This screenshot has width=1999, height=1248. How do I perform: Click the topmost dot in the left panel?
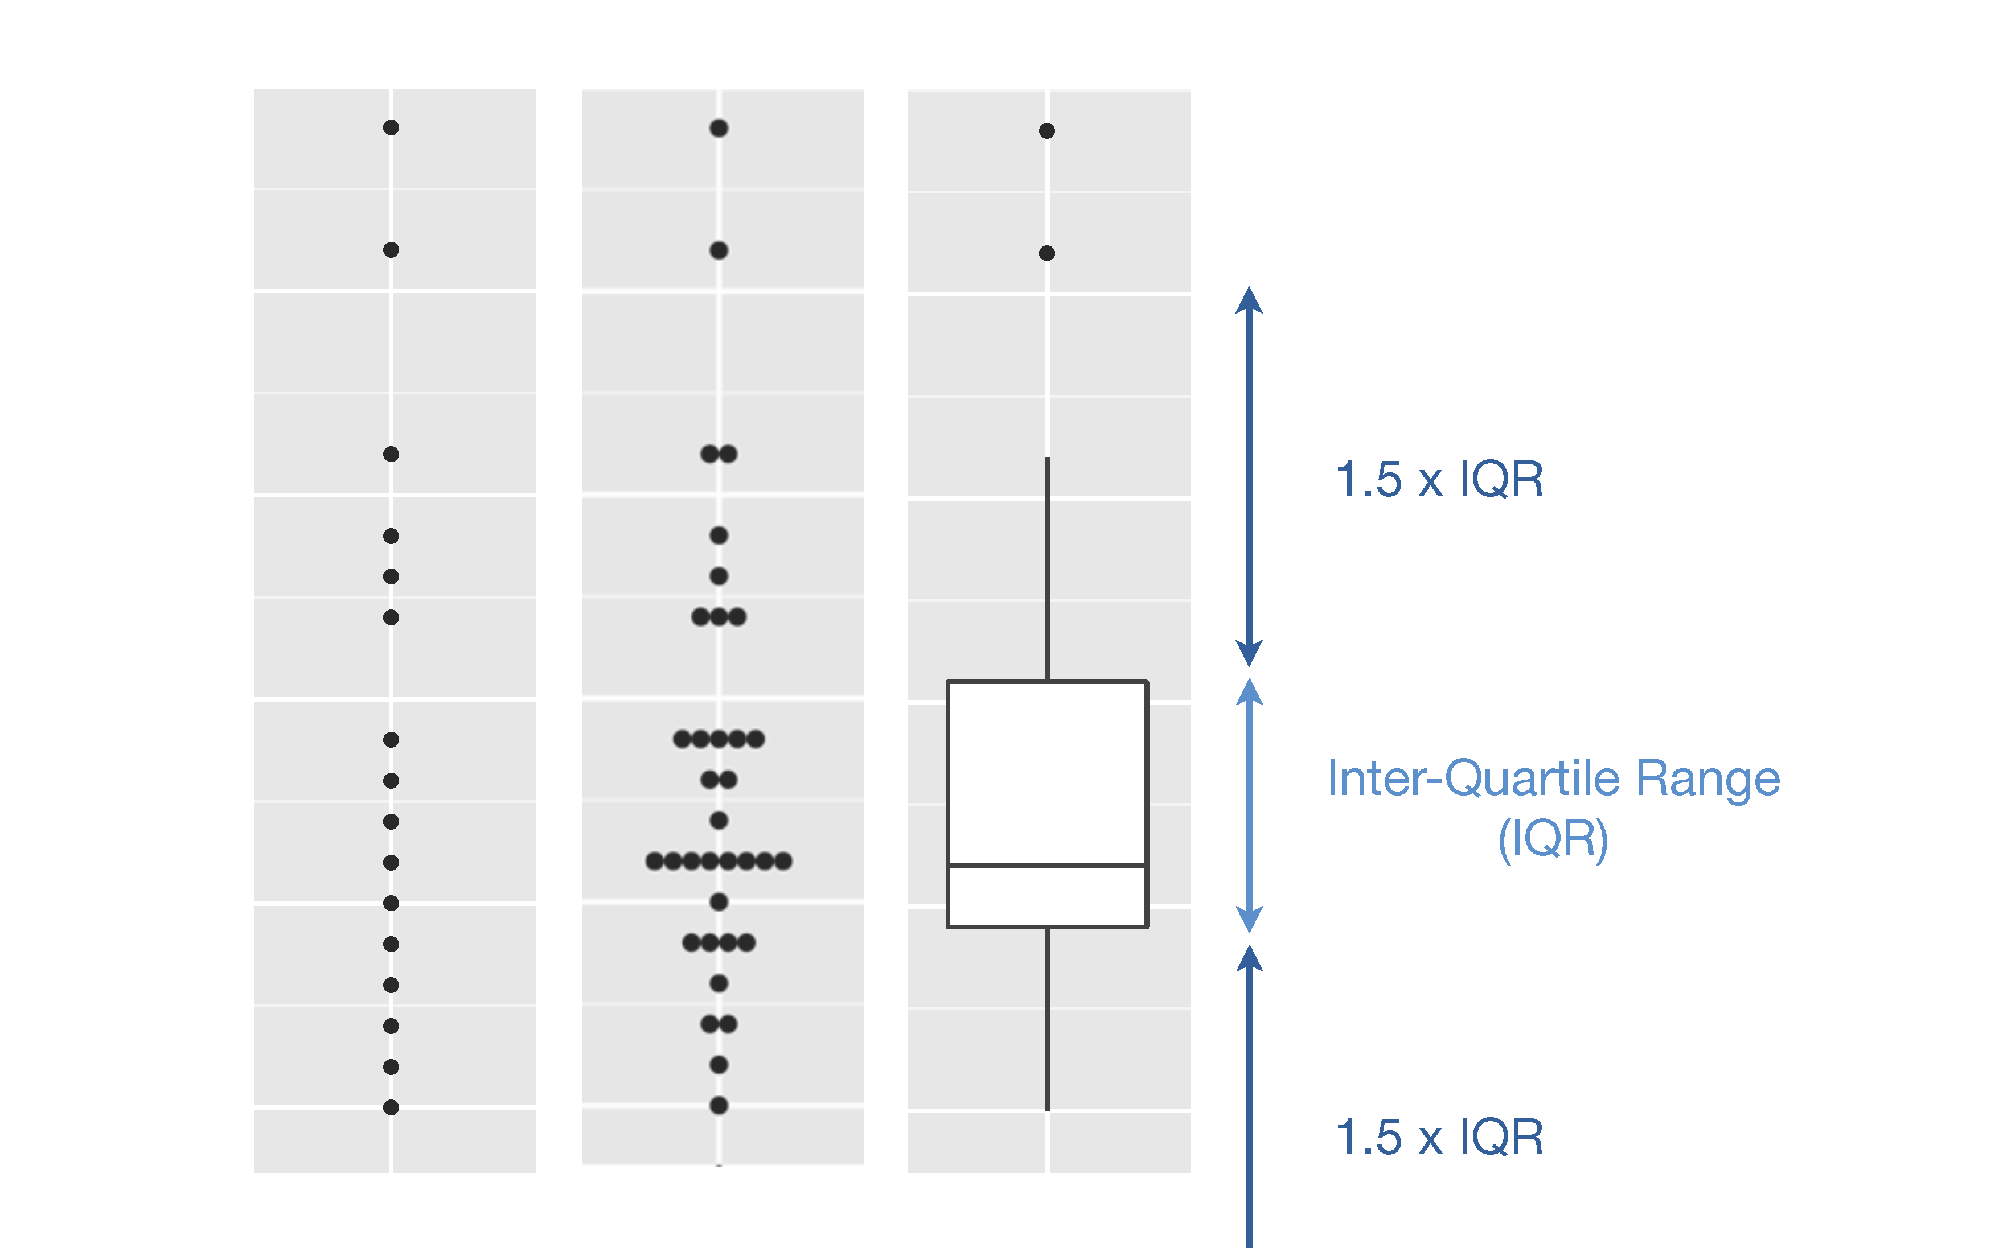coord(391,127)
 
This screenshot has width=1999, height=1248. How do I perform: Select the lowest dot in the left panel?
coord(391,1107)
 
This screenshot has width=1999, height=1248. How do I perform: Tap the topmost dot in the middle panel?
coord(719,128)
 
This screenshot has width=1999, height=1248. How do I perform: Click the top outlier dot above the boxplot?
coord(1047,130)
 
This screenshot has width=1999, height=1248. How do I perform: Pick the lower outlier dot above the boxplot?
coord(1047,253)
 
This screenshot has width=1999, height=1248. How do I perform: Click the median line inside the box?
coord(1047,865)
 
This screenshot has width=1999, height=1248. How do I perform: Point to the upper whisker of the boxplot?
coord(1047,570)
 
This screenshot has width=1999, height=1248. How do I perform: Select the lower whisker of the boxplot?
coord(1047,1019)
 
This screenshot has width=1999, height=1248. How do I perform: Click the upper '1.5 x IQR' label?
coord(1438,480)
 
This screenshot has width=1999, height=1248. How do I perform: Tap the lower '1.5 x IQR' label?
coord(1438,1138)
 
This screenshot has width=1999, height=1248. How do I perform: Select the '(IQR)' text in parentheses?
coord(1553,839)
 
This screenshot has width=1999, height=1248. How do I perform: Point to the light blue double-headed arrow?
coord(1249,805)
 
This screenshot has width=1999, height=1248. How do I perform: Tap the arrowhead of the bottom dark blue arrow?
coord(1249,959)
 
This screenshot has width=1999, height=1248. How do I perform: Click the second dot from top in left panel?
coord(391,250)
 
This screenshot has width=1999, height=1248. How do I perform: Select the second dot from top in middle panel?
coord(719,250)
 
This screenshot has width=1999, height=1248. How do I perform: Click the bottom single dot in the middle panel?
coord(719,1105)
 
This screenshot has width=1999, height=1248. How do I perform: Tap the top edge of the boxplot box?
coord(1047,682)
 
